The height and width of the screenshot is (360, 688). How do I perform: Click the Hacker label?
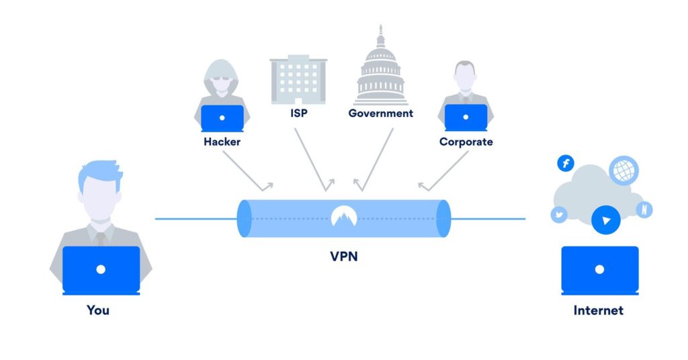coord(222,142)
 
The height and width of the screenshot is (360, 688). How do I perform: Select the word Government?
coord(380,114)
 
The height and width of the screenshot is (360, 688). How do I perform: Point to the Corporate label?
coord(466,142)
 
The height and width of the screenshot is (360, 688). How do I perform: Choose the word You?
coord(98,310)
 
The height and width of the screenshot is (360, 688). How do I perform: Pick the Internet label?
coord(598,310)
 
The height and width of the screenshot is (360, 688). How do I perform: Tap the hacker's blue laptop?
coord(222,118)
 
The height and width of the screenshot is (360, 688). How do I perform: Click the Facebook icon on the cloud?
coord(566,163)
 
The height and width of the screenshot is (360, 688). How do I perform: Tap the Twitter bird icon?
coord(559,215)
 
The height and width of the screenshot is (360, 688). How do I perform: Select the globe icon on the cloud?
coord(623,170)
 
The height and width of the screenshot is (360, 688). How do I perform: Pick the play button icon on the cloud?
coord(606,220)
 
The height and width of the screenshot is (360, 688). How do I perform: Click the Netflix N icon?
coord(644,209)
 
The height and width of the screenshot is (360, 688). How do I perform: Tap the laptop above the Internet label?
coord(599,269)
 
